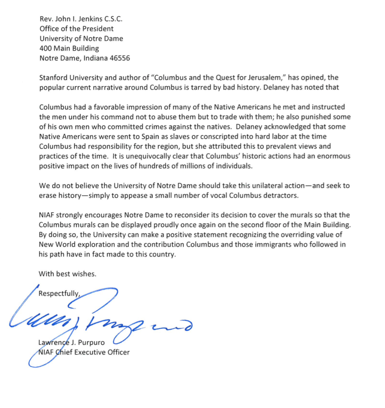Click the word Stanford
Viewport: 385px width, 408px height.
53,78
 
